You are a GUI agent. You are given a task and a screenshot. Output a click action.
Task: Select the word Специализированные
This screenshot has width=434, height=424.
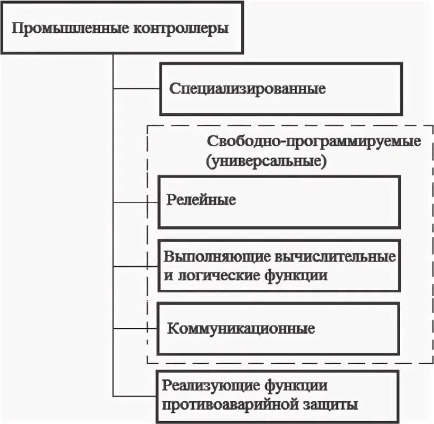(247, 88)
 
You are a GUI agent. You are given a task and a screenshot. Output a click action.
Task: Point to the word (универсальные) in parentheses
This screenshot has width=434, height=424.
(267, 161)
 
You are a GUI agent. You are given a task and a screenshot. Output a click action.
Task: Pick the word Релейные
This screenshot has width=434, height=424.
(201, 200)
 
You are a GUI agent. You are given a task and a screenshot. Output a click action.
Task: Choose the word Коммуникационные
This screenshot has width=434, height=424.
(241, 329)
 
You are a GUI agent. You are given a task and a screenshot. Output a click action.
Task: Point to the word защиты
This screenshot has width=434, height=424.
(327, 405)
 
